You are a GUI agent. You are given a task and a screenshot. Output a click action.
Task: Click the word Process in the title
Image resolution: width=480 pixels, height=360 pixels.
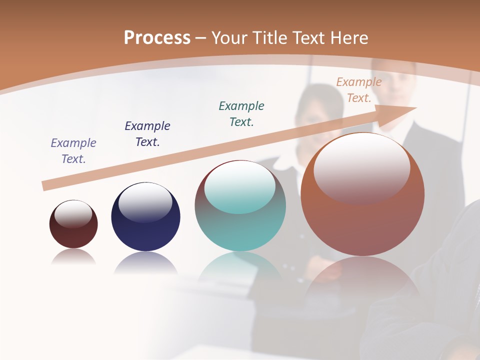tap(157, 37)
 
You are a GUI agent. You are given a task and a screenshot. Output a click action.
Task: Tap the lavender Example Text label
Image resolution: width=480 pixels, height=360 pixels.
tap(73, 151)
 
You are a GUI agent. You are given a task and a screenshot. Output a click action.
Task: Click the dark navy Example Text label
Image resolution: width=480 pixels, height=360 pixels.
tap(147, 133)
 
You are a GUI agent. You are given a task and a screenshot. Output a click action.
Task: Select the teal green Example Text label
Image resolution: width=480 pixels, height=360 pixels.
tap(241, 113)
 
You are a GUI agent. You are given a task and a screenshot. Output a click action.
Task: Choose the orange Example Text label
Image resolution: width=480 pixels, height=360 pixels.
tap(359, 90)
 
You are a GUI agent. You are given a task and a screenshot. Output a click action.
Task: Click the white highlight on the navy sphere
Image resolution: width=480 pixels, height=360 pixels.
tap(145, 202)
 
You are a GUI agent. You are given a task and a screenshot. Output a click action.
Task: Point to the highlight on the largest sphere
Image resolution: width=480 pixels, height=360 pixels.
tap(361, 167)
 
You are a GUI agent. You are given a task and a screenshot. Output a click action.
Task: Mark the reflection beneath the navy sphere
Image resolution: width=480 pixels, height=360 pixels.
tap(145, 263)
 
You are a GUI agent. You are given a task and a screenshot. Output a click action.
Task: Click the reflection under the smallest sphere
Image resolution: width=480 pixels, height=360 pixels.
tap(73, 257)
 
